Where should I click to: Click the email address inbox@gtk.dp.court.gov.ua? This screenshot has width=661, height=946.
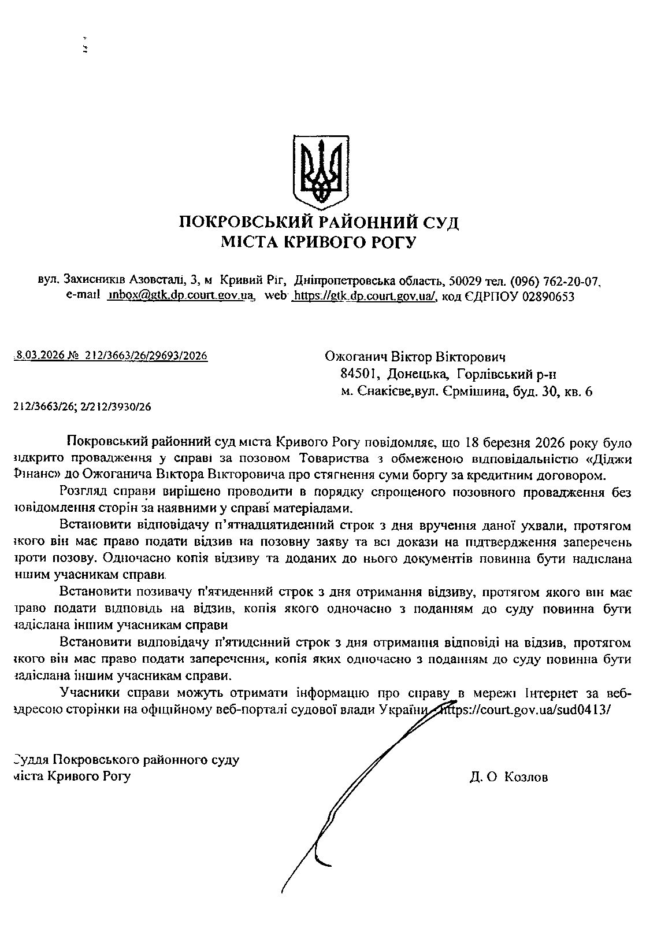pyautogui.click(x=181, y=296)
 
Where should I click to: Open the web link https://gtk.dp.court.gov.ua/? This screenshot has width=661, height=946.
pyautogui.click(x=364, y=296)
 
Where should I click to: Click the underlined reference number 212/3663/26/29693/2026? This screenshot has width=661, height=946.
pyautogui.click(x=146, y=356)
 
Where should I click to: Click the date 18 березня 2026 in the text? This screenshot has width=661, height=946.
pyautogui.click(x=511, y=443)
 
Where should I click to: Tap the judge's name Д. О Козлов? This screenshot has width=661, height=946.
pyautogui.click(x=508, y=777)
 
